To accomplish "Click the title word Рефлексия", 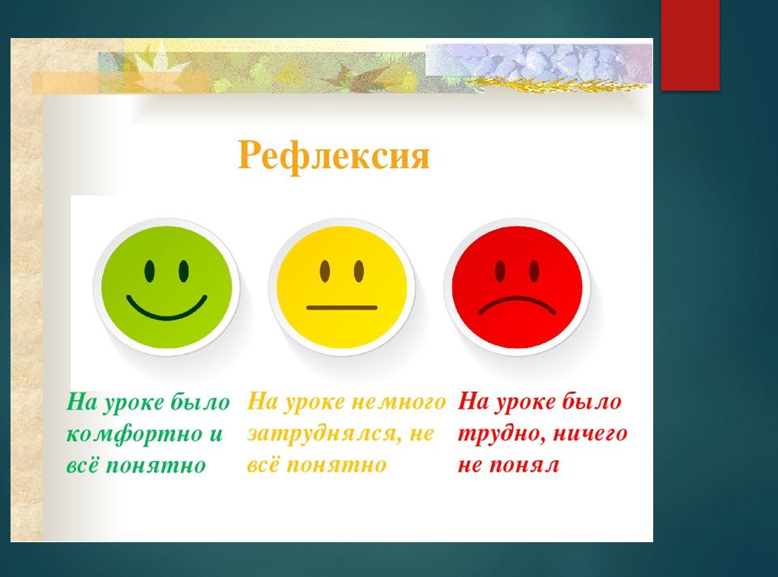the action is (x=333, y=156).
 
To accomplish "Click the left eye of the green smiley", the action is (x=149, y=271).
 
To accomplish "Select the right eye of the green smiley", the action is (x=184, y=271).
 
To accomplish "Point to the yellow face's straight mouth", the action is (x=342, y=308).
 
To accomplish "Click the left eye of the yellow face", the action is (x=324, y=271).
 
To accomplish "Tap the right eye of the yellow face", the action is (x=359, y=271).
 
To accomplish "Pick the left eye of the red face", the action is (x=500, y=271).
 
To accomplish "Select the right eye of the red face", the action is (x=534, y=271).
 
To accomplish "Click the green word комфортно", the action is (x=135, y=434).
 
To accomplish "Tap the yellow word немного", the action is (x=399, y=401).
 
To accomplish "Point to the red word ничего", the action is (x=590, y=435).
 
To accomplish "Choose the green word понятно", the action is (x=156, y=466).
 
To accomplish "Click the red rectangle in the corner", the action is (x=690, y=45).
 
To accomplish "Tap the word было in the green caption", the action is (x=200, y=402).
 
